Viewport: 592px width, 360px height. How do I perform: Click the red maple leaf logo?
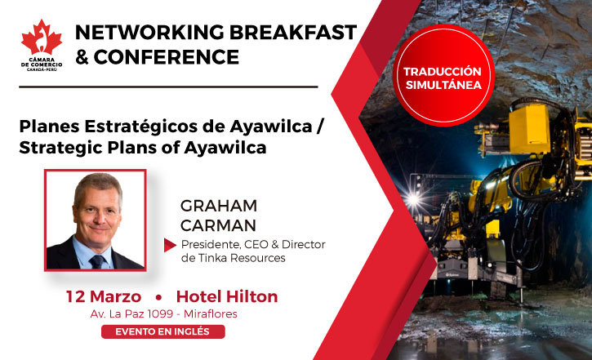click(x=42, y=37)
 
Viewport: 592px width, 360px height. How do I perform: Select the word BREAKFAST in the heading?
click(x=293, y=32)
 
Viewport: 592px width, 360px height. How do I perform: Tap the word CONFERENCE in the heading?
click(x=166, y=57)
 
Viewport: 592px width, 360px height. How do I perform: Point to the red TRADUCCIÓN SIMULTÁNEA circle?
click(x=443, y=75)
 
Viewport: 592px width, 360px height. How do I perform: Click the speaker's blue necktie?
click(x=97, y=261)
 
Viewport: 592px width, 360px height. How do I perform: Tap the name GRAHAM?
click(x=219, y=206)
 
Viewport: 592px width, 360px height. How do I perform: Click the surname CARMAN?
click(x=218, y=225)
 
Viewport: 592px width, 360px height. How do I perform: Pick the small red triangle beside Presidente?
click(x=170, y=245)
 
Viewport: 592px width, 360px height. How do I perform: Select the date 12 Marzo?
click(x=104, y=296)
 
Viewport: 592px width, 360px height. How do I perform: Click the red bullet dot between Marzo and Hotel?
click(x=158, y=297)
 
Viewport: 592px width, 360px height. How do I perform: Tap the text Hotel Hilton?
click(x=227, y=296)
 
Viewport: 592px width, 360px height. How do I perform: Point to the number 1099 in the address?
click(x=160, y=314)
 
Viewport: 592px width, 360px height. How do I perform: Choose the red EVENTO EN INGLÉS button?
click(x=163, y=331)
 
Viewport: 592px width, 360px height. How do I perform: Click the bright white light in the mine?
click(x=413, y=198)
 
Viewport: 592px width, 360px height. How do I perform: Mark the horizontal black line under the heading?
click(x=168, y=87)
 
